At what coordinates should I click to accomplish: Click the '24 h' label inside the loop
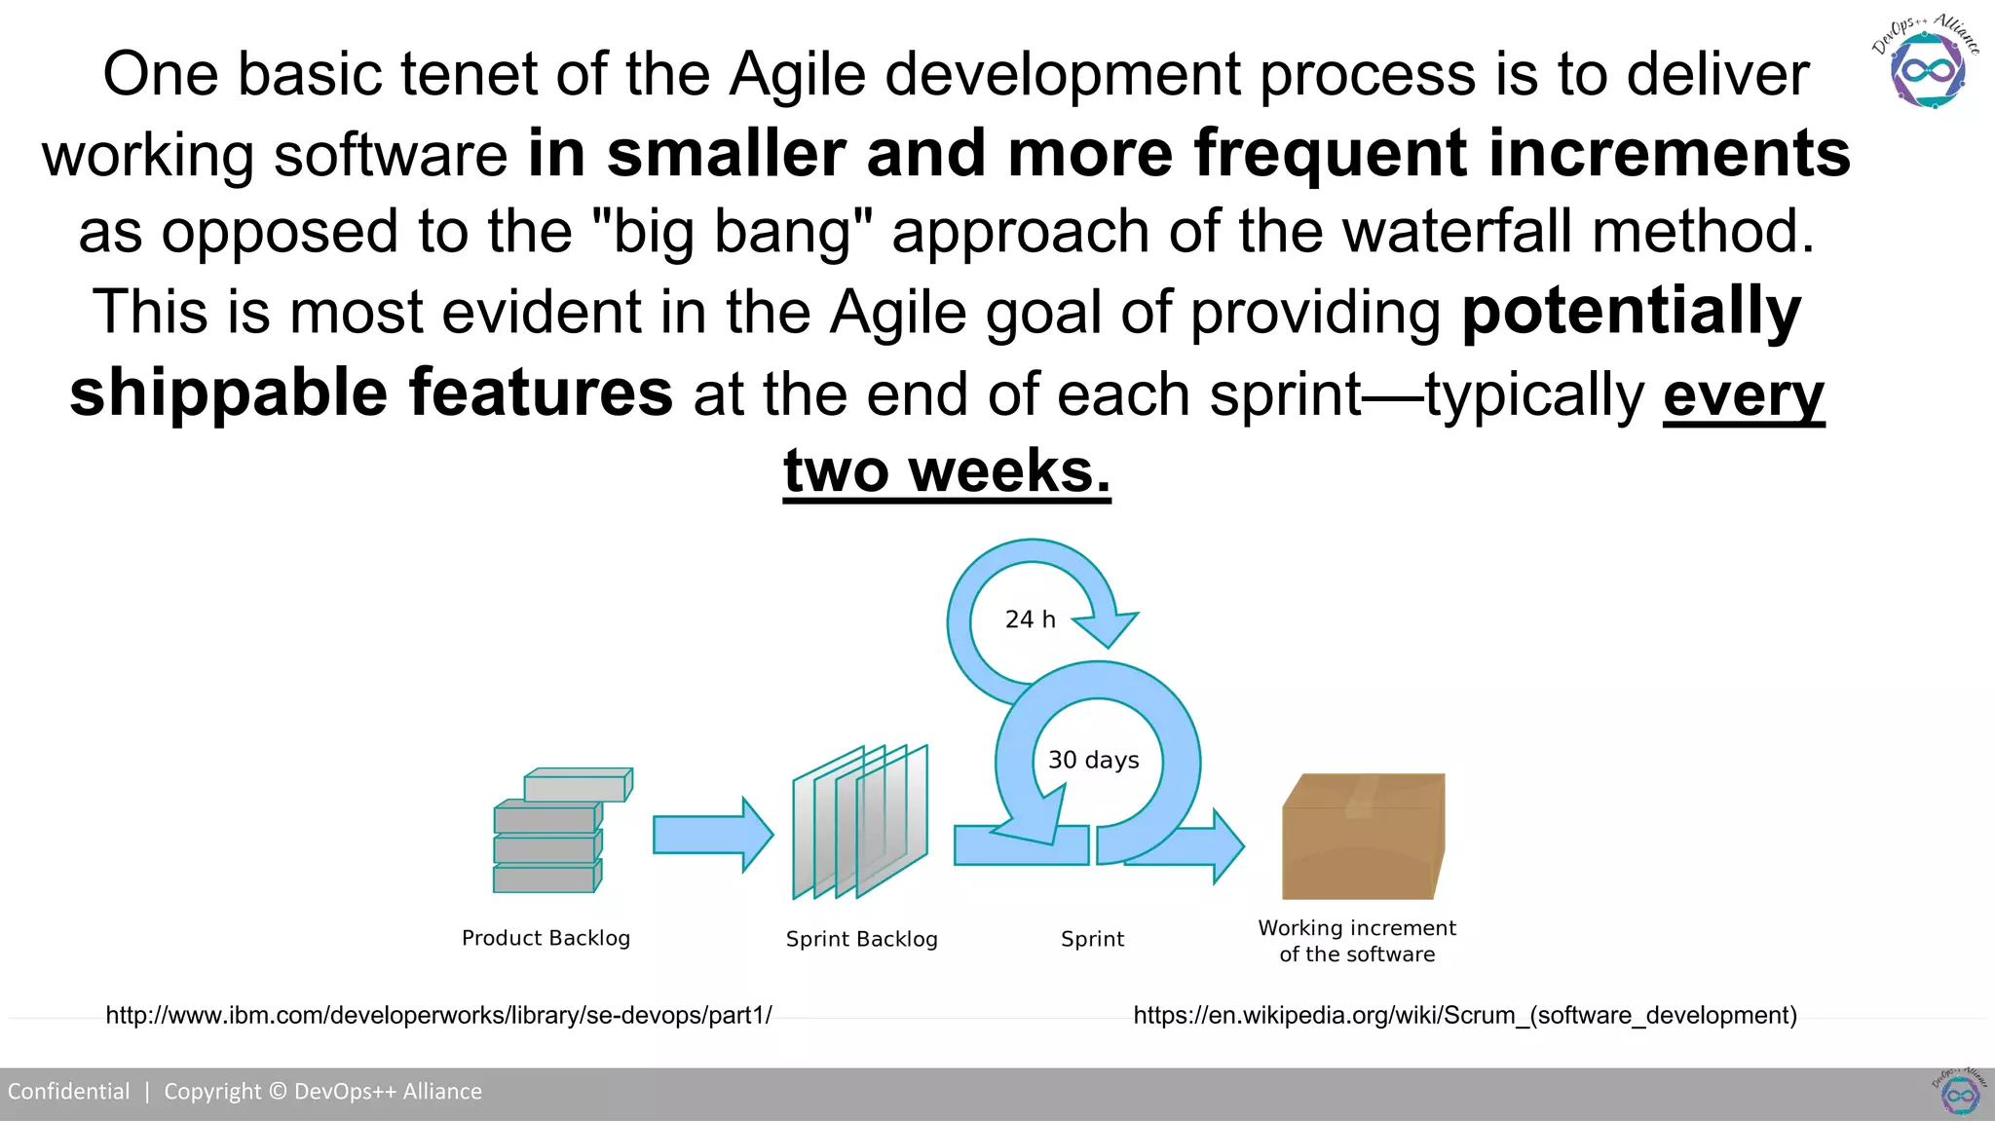pos(1030,619)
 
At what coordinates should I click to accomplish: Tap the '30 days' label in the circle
pos(1093,760)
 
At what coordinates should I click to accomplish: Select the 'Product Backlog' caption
pos(546,938)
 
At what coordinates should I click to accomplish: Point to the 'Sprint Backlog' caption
pos(861,939)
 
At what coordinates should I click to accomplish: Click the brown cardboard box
pos(1362,838)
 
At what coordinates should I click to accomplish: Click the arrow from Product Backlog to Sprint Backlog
pos(712,835)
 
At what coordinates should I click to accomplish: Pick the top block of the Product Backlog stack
pos(578,785)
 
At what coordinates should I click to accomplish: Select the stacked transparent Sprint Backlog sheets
pos(859,823)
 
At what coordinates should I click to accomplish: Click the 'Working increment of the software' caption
pos(1356,941)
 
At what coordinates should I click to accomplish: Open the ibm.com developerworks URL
pos(438,1015)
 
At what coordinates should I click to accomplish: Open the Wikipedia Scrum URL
pos(1464,1015)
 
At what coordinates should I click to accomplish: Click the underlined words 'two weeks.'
pos(946,471)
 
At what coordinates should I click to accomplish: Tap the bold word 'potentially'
pos(1631,312)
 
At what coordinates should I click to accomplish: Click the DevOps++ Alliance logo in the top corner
pos(1927,62)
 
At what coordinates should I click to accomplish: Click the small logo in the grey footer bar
pos(1959,1093)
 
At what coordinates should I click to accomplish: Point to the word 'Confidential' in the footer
pos(68,1091)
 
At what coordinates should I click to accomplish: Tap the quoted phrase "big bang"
pos(732,232)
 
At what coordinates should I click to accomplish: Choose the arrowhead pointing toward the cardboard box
pos(1225,845)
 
